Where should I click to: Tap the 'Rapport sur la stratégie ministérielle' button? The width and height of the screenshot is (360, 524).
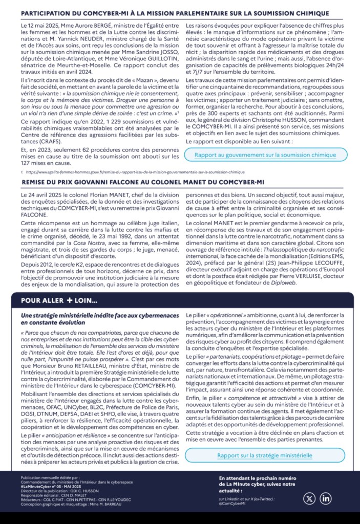point(264,455)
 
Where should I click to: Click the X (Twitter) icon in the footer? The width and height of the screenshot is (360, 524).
point(310,498)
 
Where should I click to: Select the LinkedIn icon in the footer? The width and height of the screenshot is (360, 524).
point(326,498)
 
